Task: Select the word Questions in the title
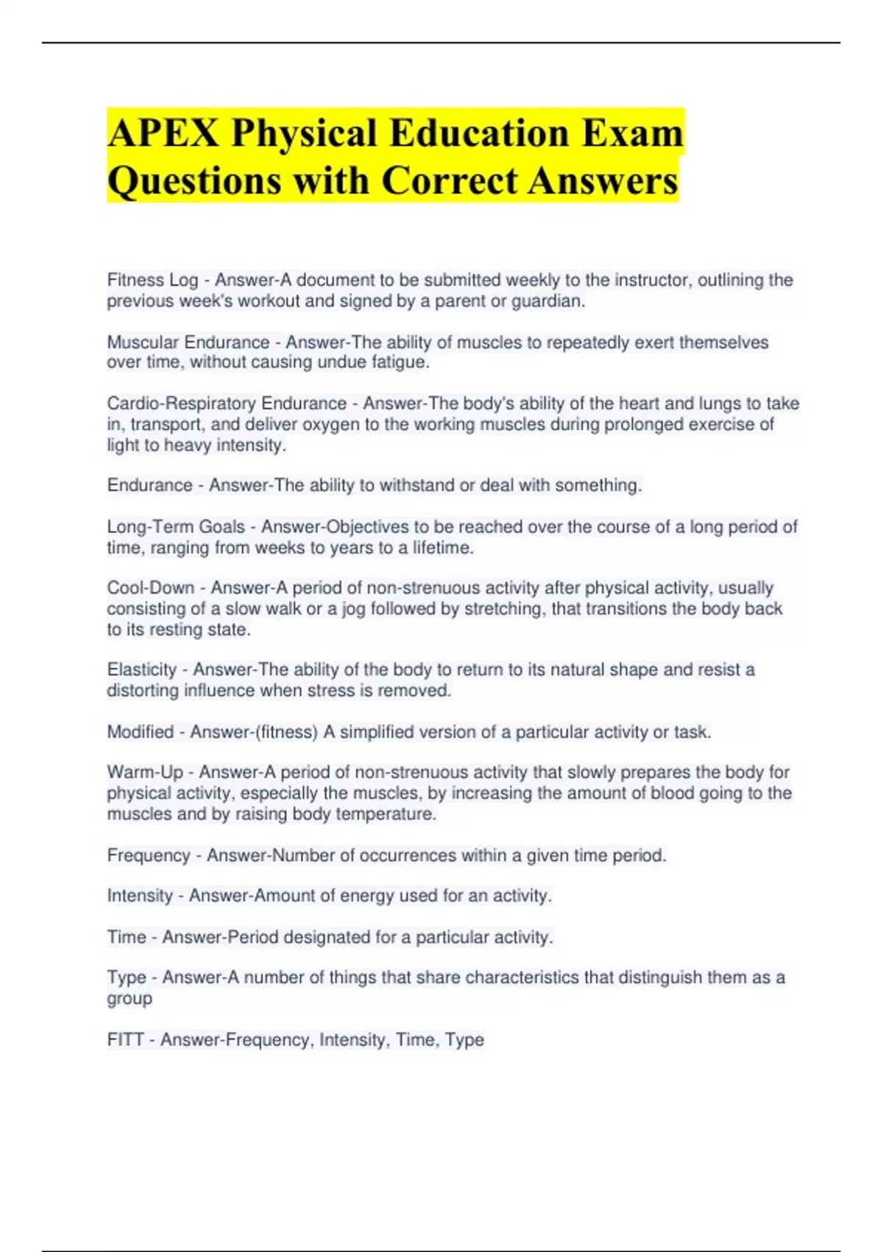click(194, 181)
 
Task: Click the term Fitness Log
click(152, 280)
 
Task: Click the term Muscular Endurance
click(188, 342)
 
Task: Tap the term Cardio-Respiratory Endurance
click(227, 404)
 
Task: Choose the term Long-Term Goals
click(176, 527)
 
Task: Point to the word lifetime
click(442, 548)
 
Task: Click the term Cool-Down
click(151, 588)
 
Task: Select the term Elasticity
click(142, 669)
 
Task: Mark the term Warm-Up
click(145, 772)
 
